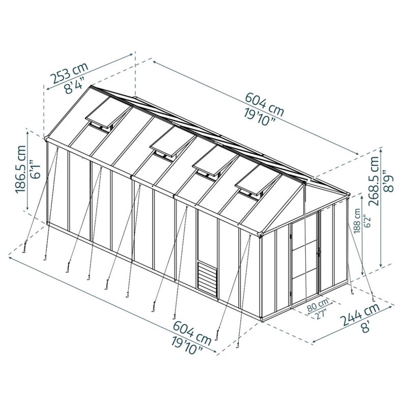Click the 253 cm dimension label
(x=69, y=73)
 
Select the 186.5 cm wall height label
(x=21, y=169)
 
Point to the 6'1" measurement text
(x=36, y=169)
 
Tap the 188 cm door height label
(x=358, y=221)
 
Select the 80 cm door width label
(x=317, y=305)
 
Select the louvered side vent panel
(x=207, y=276)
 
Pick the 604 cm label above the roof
(x=265, y=104)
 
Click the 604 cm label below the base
(x=192, y=333)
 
